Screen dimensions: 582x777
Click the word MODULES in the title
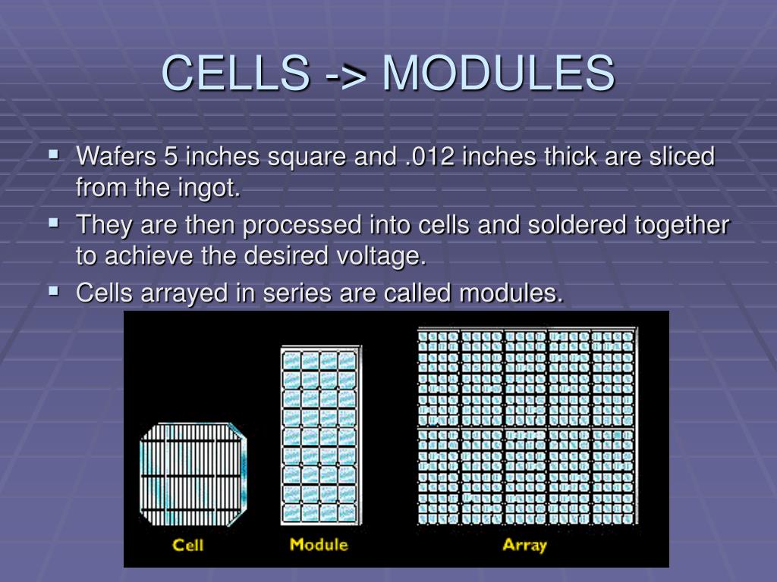(499, 74)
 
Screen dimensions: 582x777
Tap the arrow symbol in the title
(347, 75)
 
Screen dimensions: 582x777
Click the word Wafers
(117, 158)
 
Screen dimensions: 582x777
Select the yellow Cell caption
(188, 544)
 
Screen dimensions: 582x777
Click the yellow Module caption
(319, 544)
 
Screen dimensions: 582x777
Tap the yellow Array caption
(524, 544)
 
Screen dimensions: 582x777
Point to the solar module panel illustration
(319, 436)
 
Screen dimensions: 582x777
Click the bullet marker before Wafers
(53, 155)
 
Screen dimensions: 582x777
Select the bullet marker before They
(53, 223)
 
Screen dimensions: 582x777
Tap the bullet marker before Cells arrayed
(53, 290)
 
